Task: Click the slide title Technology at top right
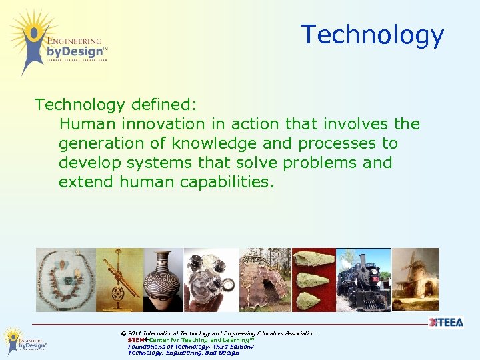point(371,35)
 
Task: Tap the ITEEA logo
point(445,323)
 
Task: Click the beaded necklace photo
point(65,279)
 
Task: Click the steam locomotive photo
point(363,279)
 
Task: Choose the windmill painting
point(415,279)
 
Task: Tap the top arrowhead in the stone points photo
point(313,258)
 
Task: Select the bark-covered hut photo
point(265,279)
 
